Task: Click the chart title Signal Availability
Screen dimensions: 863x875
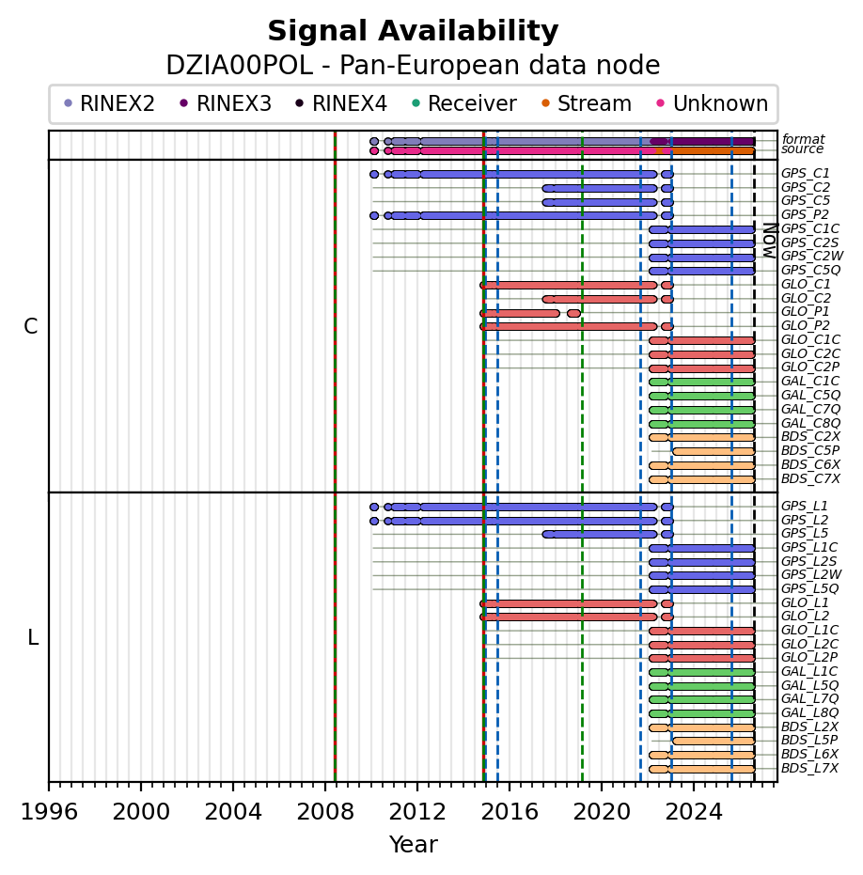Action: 413,31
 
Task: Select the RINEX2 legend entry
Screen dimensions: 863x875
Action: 109,103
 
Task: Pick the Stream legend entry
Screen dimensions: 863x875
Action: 586,103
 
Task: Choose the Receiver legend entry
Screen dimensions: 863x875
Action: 463,103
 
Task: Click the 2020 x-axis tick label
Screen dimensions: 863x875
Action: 602,811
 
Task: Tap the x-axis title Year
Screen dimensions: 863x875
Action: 413,844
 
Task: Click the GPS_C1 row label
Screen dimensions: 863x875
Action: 805,174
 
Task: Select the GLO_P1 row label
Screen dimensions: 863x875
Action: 805,311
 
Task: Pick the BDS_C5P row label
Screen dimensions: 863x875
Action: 810,450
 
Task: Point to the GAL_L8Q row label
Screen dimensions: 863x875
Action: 809,712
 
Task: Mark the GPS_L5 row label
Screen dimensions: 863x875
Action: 805,534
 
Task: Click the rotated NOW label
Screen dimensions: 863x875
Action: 770,241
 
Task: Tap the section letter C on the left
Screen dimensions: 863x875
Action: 31,326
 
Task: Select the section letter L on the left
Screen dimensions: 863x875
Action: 33,637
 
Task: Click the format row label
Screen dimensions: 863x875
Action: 803,139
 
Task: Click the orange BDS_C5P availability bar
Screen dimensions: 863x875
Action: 714,451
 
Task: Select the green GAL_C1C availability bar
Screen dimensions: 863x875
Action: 701,383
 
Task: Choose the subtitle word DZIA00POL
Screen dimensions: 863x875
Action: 240,65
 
